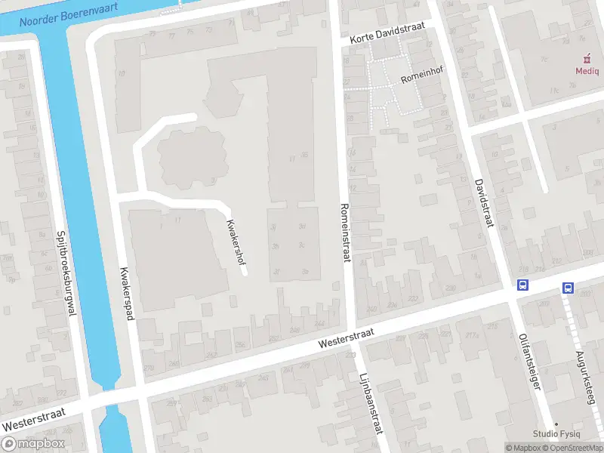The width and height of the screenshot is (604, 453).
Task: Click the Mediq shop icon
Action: tap(587, 58)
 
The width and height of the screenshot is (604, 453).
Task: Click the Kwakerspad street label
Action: tap(126, 294)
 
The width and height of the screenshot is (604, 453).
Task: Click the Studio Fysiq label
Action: tap(556, 433)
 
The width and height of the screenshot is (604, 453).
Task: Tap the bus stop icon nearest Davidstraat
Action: tap(522, 285)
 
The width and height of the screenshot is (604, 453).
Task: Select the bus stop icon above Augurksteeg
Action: tap(568, 288)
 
